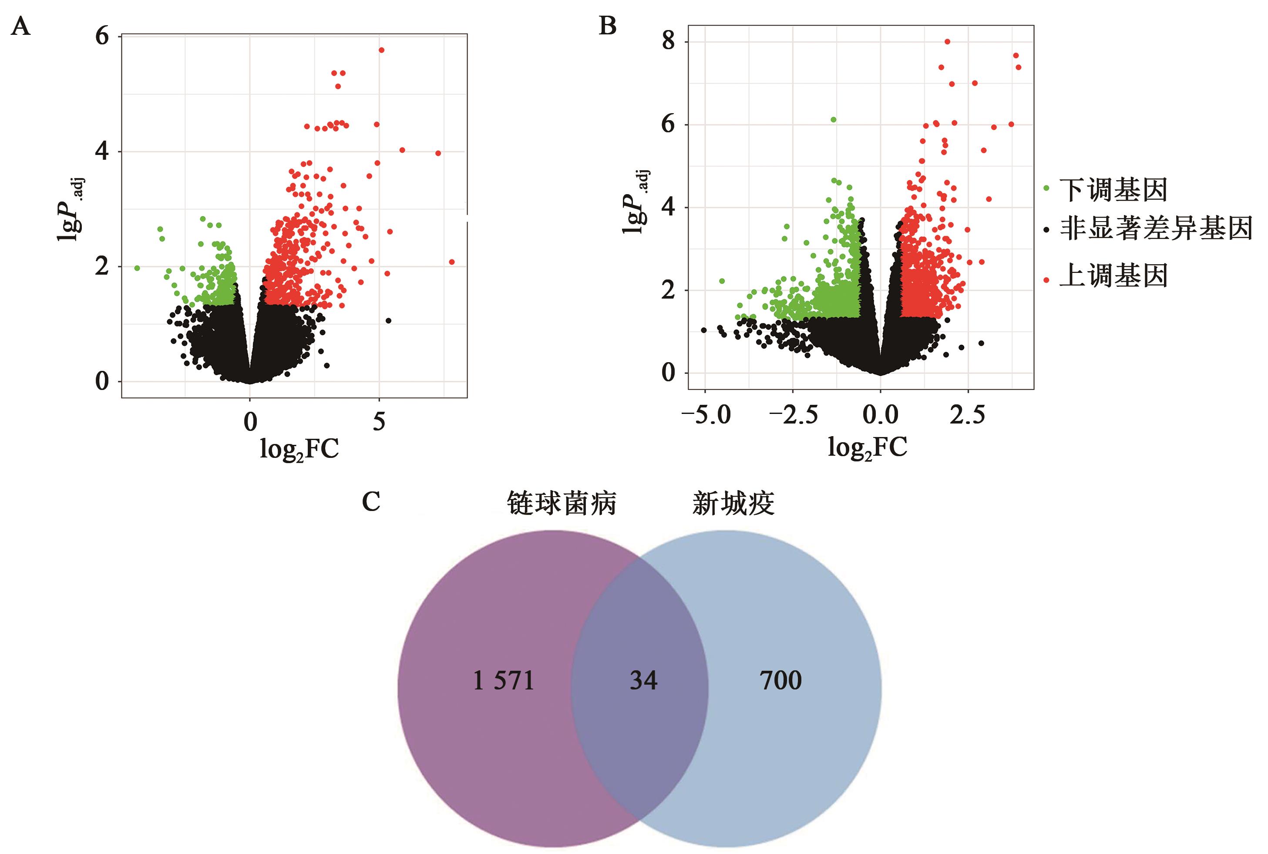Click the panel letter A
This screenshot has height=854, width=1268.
[x=21, y=26]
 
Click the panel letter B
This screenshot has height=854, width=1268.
[x=607, y=26]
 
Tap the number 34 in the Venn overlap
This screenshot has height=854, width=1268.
[x=643, y=681]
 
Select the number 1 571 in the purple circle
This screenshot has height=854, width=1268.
[x=503, y=681]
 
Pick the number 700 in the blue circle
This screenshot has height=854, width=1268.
[x=780, y=681]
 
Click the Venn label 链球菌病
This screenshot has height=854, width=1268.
[x=562, y=503]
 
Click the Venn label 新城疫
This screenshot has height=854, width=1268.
[x=733, y=503]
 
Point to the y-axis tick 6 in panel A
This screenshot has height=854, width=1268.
[x=102, y=37]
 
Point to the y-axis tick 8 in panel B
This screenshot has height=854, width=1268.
[x=668, y=41]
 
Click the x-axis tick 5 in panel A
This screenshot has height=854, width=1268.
[x=379, y=421]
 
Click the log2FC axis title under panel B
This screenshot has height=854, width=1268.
[x=867, y=448]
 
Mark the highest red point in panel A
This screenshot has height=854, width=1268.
[x=381, y=50]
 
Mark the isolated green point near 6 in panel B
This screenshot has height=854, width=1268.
[x=833, y=120]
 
